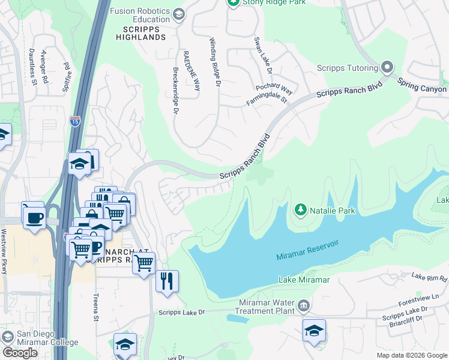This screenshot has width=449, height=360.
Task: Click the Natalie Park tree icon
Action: tap(300, 210)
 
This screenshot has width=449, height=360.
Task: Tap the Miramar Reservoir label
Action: tap(307, 250)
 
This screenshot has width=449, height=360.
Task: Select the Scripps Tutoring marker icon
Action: tap(387, 67)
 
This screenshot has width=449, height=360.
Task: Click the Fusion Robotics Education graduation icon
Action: tap(178, 14)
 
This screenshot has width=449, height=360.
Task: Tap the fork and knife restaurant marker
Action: tap(167, 281)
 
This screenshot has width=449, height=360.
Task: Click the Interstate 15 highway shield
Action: tap(75, 121)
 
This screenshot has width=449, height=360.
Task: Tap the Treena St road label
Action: tap(95, 307)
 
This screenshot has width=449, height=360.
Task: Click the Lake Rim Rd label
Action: tap(429, 277)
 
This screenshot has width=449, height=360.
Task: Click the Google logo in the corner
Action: tap(20, 353)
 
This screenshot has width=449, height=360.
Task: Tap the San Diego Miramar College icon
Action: tap(7, 335)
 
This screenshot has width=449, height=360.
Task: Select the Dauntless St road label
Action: tap(31, 67)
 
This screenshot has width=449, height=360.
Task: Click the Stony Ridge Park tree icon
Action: tap(233, 2)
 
